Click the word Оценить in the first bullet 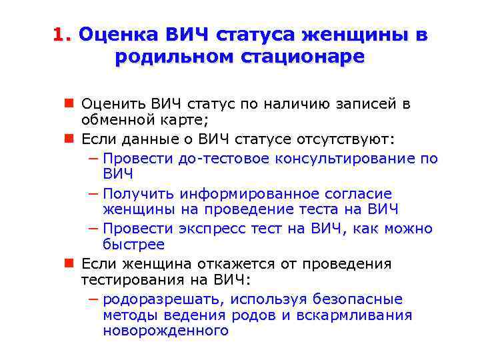pos(114,104)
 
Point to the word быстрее pos(133,244)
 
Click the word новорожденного pos(165,331)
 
